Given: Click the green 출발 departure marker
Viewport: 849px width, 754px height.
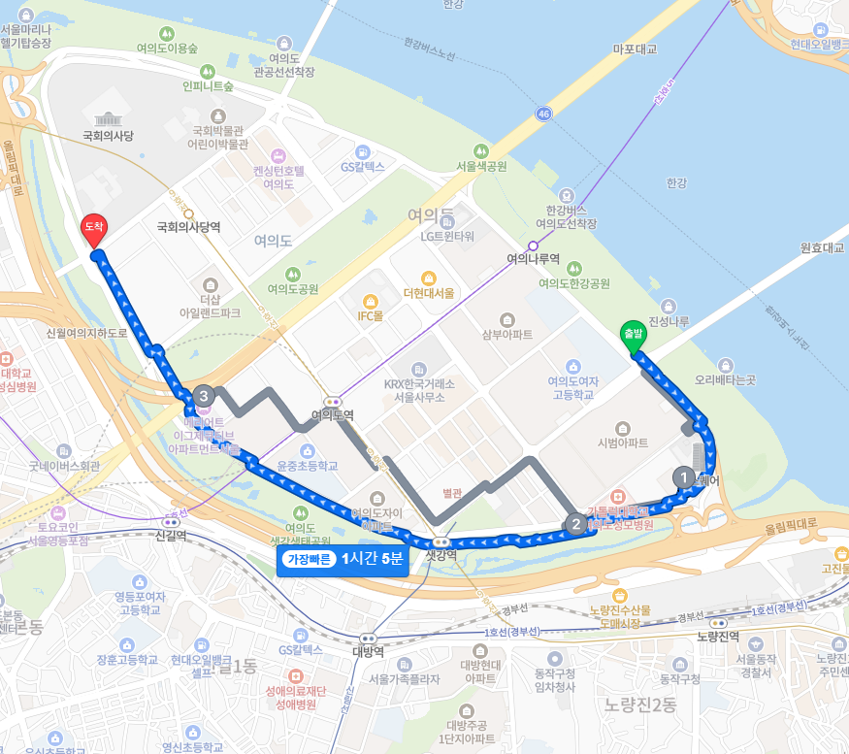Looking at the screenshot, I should point(633,334).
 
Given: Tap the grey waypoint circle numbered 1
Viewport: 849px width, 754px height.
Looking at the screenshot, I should point(684,477).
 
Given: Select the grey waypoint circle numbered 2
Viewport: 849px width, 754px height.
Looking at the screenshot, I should point(575,524).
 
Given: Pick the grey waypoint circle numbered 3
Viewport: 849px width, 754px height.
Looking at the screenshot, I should point(203,396).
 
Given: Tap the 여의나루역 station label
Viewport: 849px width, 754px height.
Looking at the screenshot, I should point(534,260).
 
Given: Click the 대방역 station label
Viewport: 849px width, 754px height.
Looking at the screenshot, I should point(366,651).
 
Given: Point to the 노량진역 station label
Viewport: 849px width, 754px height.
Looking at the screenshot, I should point(718,637).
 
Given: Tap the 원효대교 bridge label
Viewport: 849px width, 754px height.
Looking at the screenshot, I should point(822,247).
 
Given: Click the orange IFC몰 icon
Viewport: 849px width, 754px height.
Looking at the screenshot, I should point(370,301).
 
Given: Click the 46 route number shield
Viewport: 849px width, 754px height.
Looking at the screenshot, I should point(543,115).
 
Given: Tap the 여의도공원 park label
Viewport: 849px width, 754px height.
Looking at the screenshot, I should point(293,288).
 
